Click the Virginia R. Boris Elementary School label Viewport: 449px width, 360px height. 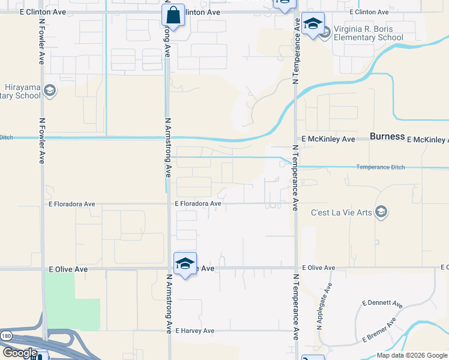[x=369, y=33]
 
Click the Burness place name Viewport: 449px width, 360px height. [x=387, y=137]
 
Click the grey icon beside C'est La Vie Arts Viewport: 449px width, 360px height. [x=381, y=212]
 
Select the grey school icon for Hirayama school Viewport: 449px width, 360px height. [x=49, y=91]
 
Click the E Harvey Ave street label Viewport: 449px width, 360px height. [x=191, y=331]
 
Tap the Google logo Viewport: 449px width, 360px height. [x=20, y=353]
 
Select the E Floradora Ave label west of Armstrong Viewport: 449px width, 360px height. [x=73, y=204]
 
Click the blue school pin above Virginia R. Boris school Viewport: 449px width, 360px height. [x=313, y=24]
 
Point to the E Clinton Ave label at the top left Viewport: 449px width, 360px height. [x=43, y=11]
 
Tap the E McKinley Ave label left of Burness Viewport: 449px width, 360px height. [x=328, y=139]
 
